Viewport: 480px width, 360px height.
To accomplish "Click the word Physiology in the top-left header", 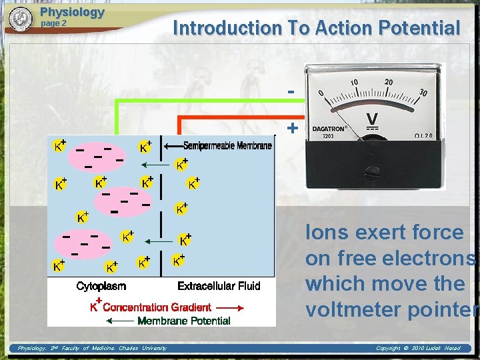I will point(72,12).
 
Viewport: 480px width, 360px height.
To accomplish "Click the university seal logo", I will point(21,19).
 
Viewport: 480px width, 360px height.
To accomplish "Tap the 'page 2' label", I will point(54,23).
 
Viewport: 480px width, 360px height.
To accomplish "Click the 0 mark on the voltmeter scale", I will point(322,93).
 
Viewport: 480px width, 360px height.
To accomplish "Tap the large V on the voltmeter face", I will point(373,121).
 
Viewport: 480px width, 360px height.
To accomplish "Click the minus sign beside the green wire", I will point(291,91).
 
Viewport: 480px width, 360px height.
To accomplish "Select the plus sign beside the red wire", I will point(291,127).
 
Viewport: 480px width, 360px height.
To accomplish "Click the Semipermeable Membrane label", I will point(227,146).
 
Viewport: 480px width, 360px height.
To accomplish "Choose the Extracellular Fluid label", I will point(219,286).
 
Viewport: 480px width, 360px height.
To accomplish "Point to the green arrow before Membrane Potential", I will point(120,321).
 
